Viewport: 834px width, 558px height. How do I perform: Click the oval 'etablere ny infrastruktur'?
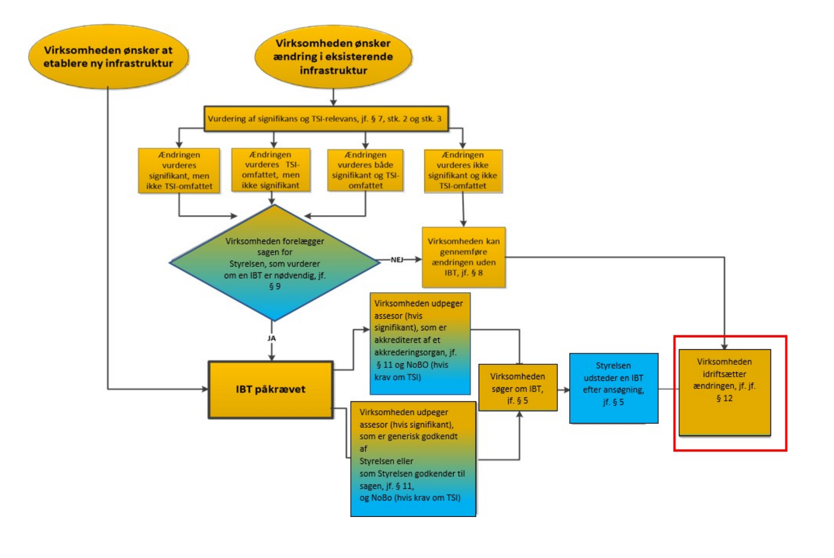tap(108, 57)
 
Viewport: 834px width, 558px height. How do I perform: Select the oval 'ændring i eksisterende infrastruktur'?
tap(333, 57)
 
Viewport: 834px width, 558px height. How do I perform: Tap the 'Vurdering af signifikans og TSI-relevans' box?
tap(325, 119)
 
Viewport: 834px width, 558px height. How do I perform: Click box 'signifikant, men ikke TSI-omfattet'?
tap(179, 171)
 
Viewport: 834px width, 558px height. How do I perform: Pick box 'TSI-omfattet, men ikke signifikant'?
tap(271, 170)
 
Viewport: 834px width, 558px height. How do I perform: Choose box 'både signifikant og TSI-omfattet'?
tap(365, 170)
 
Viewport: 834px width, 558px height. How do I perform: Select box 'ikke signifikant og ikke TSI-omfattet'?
tap(463, 171)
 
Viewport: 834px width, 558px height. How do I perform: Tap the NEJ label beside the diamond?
tap(397, 260)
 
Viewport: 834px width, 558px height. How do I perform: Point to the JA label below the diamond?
tap(271, 338)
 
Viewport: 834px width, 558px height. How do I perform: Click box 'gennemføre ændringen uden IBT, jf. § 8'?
tap(464, 257)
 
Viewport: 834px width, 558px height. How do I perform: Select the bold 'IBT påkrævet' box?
tap(270, 389)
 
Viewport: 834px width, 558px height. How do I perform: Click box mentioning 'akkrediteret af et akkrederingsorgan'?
tap(420, 343)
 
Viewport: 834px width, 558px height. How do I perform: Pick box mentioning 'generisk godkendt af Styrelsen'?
tap(413, 458)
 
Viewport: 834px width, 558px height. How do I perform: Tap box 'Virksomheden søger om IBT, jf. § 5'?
tap(518, 388)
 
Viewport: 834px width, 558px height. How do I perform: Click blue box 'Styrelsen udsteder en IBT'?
tap(613, 388)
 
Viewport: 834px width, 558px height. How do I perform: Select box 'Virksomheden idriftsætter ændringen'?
tap(724, 392)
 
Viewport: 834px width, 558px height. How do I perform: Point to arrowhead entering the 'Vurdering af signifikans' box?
tap(333, 103)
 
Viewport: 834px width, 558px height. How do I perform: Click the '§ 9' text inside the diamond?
tap(275, 287)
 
